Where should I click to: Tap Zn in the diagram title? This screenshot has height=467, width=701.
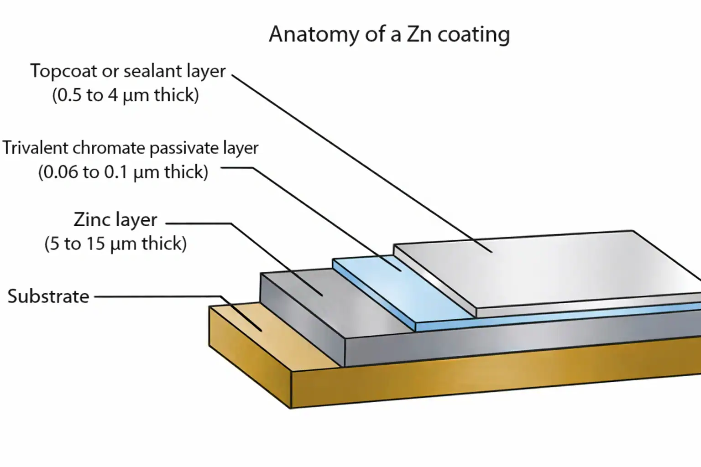(419, 35)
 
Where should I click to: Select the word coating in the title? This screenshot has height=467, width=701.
(473, 35)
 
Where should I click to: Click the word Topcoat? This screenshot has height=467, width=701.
(63, 72)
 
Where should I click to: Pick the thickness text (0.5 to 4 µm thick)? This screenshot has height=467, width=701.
(126, 95)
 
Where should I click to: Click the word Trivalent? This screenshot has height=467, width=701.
(36, 148)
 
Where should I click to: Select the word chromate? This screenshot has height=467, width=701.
(109, 148)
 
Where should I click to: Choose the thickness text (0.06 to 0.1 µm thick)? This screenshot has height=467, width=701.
(123, 172)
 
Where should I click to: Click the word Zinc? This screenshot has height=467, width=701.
(93, 220)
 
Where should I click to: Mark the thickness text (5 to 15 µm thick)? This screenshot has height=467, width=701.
(115, 244)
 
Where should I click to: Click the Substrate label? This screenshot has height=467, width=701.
(48, 296)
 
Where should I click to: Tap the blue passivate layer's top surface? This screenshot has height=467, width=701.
(402, 292)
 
